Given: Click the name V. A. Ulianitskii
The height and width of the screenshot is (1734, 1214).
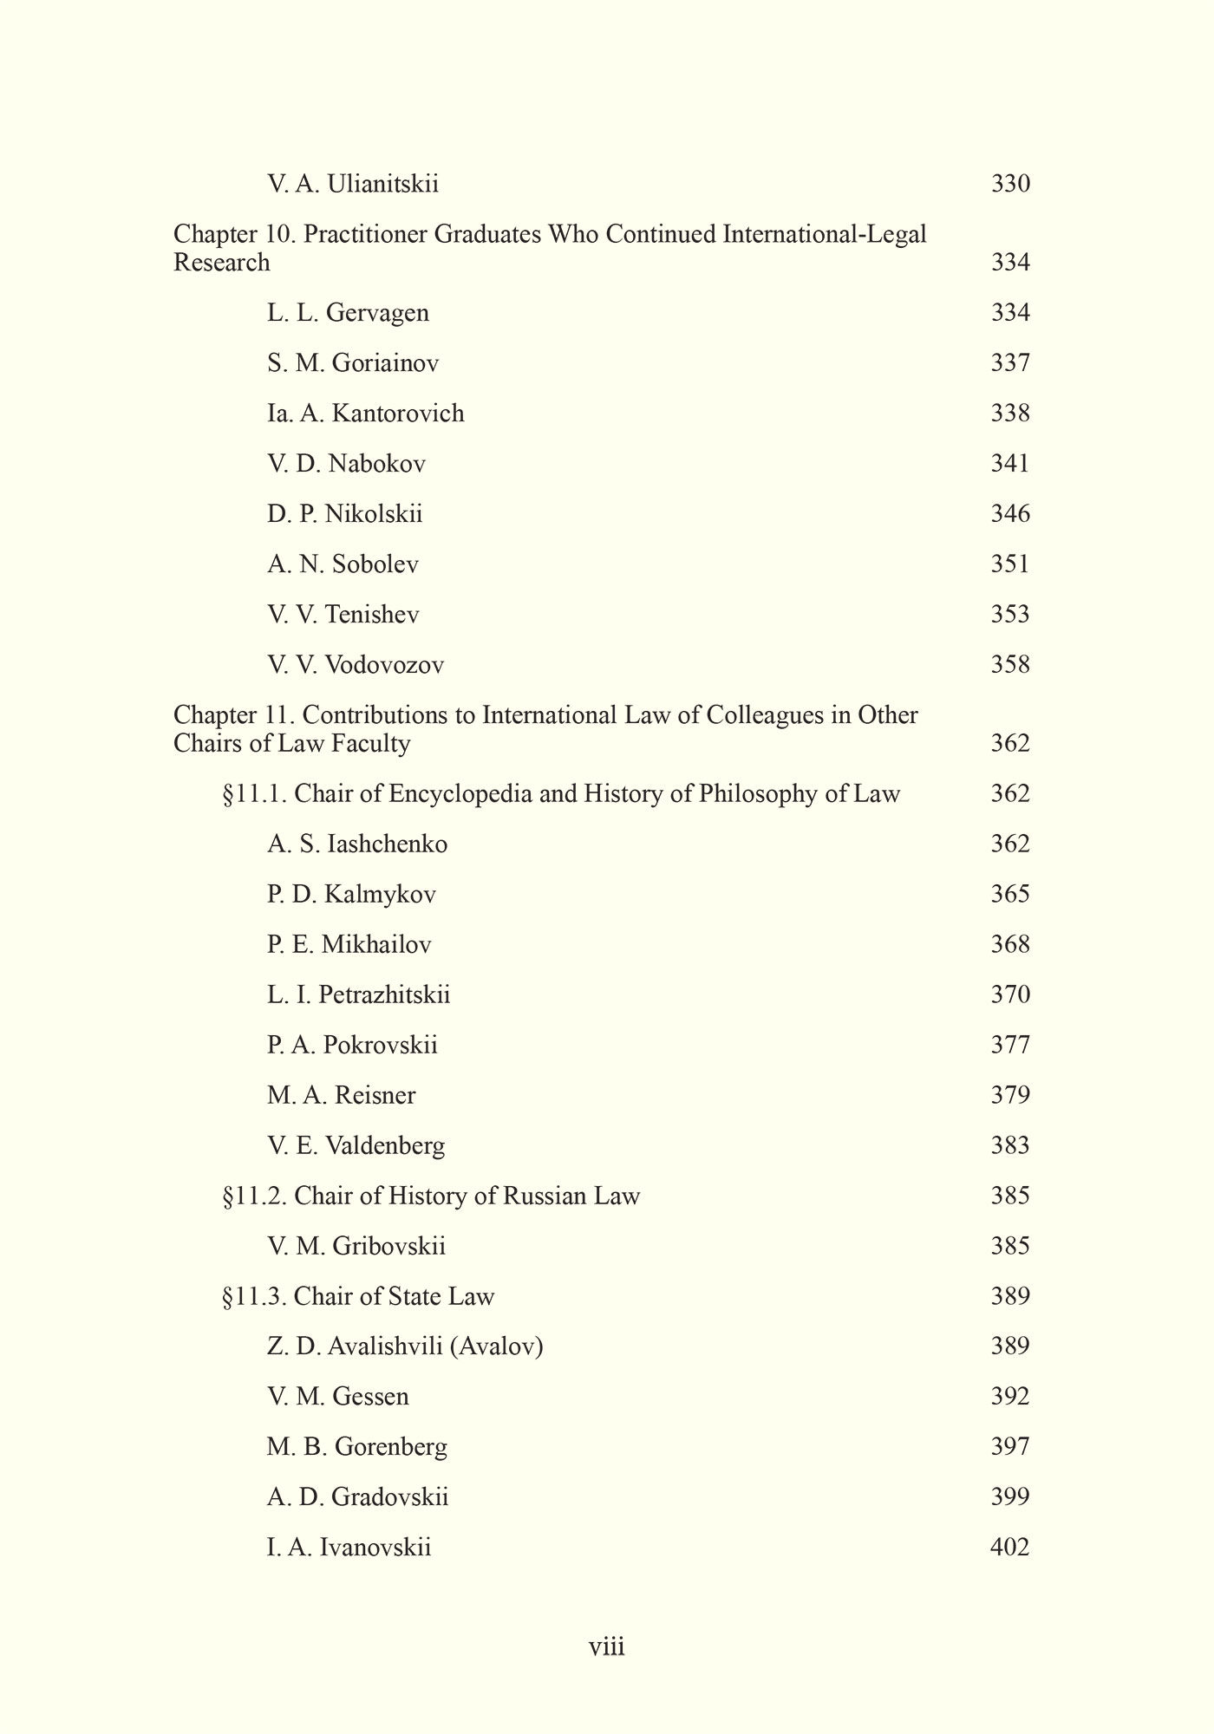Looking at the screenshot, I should click(352, 185).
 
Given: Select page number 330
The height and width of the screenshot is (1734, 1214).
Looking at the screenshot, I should click(1010, 185).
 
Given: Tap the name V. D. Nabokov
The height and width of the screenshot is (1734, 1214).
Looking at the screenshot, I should click(346, 464).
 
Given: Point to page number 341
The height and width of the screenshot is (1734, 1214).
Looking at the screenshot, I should click(1010, 464).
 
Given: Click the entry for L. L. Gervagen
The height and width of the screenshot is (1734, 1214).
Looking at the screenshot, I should click(348, 313).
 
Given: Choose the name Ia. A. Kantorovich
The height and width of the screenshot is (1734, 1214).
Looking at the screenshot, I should click(365, 414).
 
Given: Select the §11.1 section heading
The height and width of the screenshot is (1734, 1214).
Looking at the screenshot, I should click(561, 794).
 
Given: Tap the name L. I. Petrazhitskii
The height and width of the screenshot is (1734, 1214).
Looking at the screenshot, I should click(358, 994).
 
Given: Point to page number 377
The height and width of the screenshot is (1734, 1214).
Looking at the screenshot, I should click(1010, 1045).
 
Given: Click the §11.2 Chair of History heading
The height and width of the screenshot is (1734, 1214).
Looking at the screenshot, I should click(431, 1196).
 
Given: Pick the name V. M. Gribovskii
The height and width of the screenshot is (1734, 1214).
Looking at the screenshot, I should click(356, 1247).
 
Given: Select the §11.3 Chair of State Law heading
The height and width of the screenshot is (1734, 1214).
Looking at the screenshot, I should click(358, 1297).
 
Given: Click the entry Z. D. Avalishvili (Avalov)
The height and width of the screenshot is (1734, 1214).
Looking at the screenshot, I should click(405, 1346).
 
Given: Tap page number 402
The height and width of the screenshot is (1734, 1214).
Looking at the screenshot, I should click(1009, 1548).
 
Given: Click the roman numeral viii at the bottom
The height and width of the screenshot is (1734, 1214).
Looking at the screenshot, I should click(607, 1646).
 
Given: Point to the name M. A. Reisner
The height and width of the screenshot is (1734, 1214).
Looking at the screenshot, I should click(341, 1095).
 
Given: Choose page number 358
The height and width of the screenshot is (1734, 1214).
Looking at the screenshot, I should click(1010, 665).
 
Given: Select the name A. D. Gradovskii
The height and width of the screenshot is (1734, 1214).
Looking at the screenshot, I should click(357, 1497).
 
